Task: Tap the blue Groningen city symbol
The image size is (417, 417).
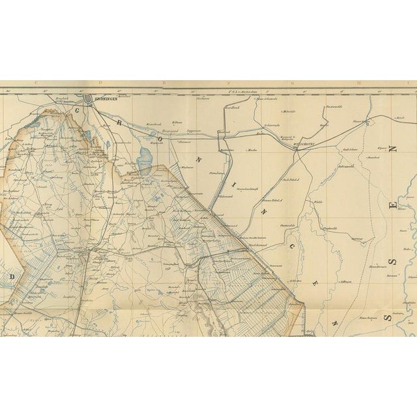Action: (x=89, y=99)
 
